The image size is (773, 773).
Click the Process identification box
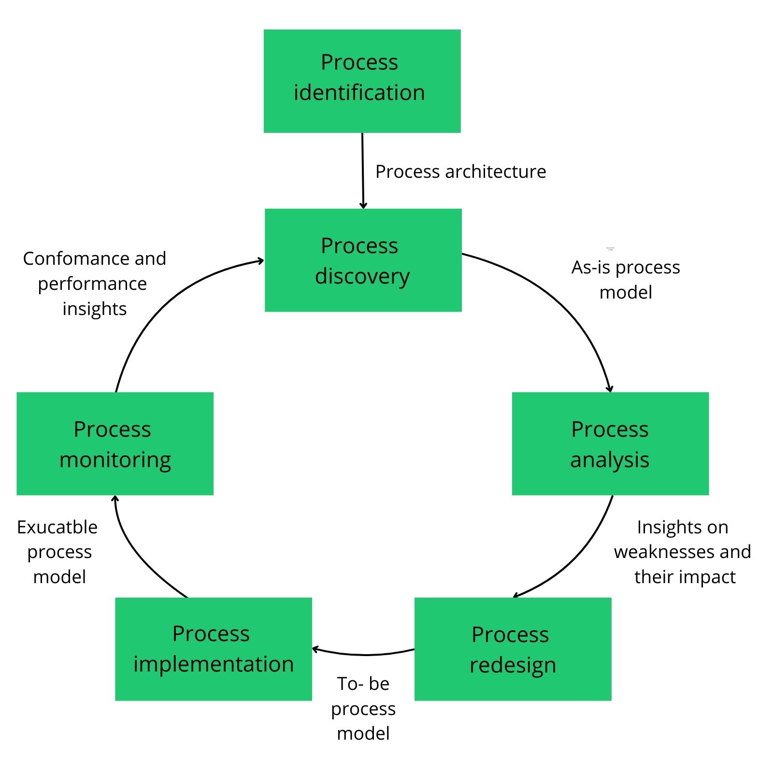(362, 81)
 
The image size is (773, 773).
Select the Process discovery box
(363, 260)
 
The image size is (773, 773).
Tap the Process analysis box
(610, 444)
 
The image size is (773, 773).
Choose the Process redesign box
(513, 649)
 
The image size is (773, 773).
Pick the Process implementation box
(213, 649)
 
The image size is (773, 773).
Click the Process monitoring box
(115, 444)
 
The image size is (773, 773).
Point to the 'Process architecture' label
(460, 172)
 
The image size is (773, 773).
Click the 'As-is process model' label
(626, 279)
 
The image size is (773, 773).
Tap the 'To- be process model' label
(363, 708)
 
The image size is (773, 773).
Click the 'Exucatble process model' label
(57, 551)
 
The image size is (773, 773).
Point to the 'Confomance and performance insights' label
(94, 283)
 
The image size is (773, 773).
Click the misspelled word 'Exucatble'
(57, 527)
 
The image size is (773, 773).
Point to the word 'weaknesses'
(659, 551)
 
